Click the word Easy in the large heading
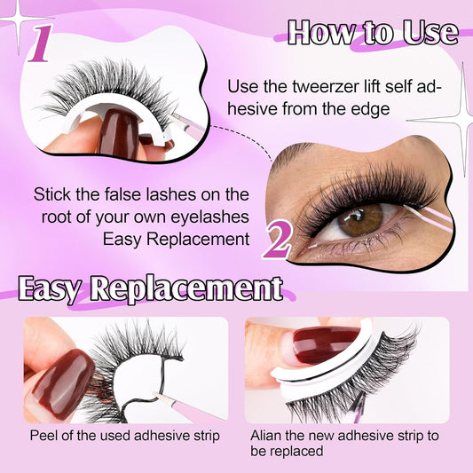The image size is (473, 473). coord(49,289)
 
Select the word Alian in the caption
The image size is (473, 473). coord(268,435)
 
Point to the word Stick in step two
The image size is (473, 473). coord(54,194)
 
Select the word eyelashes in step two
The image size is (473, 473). coord(213,217)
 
